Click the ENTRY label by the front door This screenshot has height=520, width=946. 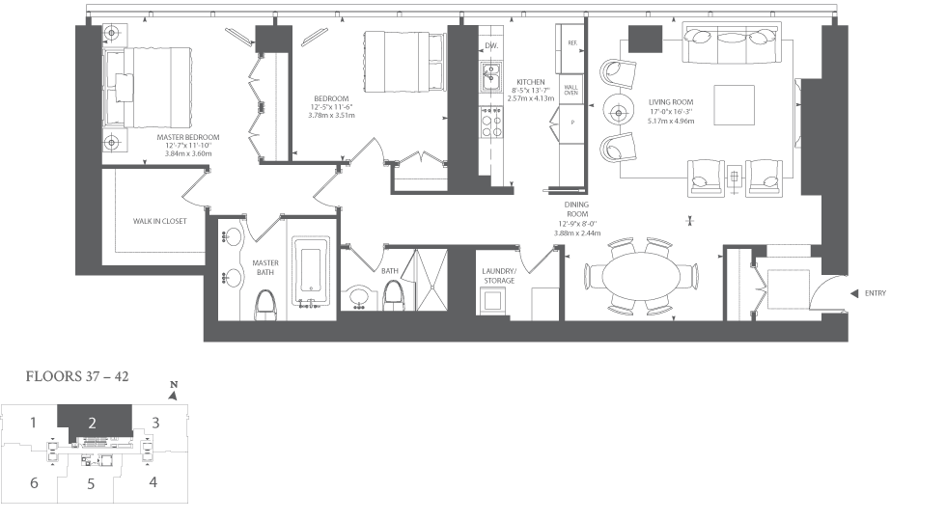click(875, 293)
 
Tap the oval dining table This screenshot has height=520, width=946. click(640, 276)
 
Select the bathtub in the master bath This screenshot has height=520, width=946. click(311, 270)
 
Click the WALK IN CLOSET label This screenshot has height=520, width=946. click(160, 221)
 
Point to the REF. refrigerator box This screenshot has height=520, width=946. click(572, 43)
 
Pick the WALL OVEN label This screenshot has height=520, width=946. click(570, 90)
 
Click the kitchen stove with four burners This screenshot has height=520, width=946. click(491, 123)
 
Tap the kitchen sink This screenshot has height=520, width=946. click(491, 77)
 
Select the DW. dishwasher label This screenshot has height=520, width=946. click(491, 46)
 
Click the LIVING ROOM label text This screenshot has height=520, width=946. click(671, 102)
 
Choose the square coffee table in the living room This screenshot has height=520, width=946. click(734, 105)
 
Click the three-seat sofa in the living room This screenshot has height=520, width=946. click(732, 42)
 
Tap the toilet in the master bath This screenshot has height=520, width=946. click(265, 306)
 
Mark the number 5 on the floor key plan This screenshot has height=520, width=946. click(91, 483)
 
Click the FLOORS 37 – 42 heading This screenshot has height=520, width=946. click(77, 376)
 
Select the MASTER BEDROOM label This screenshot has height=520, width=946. click(188, 137)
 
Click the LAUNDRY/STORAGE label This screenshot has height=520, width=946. click(499, 276)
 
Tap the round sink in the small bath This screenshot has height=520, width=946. click(361, 297)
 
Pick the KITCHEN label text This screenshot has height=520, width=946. click(530, 82)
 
